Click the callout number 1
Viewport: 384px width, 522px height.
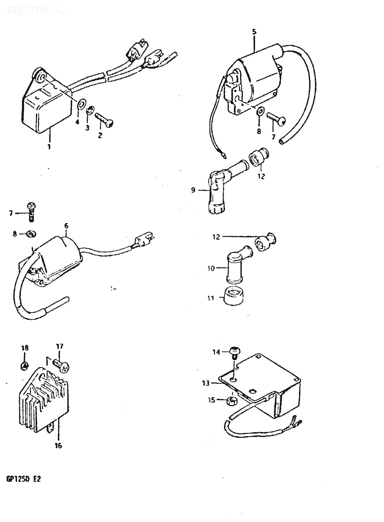49,147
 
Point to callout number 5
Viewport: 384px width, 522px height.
254,32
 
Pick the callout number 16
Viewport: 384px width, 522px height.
58,445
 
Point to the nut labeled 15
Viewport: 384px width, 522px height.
232,401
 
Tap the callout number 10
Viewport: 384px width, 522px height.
211,269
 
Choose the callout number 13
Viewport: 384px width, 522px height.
206,383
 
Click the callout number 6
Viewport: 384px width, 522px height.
66,226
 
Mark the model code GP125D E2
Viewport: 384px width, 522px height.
23,479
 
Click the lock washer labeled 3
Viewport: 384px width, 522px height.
90,111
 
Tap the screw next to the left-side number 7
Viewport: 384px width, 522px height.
31,212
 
